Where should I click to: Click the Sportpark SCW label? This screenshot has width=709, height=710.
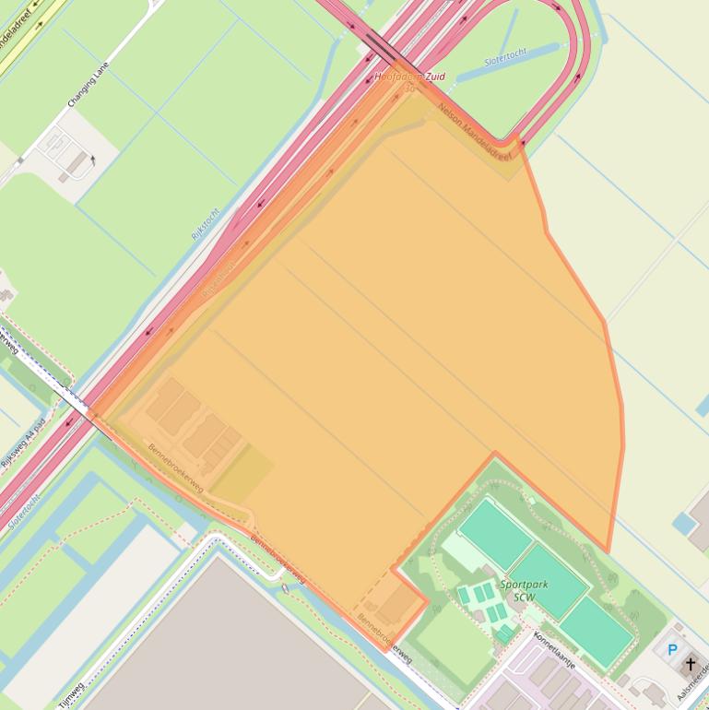pyautogui.click(x=517, y=590)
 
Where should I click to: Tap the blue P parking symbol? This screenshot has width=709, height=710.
pyautogui.click(x=672, y=650)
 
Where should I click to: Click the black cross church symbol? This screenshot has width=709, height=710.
pyautogui.click(x=690, y=664)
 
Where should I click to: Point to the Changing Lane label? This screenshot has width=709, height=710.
pyautogui.click(x=88, y=84)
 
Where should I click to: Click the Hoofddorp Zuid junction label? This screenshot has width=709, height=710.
pyautogui.click(x=409, y=77)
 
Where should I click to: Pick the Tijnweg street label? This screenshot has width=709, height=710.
pyautogui.click(x=70, y=694)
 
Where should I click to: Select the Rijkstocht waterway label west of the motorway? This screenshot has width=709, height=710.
pyautogui.click(x=206, y=223)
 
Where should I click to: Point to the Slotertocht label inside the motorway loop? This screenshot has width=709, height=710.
pyautogui.click(x=505, y=60)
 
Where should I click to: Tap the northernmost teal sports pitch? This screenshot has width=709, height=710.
pyautogui.click(x=496, y=533)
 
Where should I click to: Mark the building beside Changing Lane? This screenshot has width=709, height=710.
pyautogui.click(x=77, y=164)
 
